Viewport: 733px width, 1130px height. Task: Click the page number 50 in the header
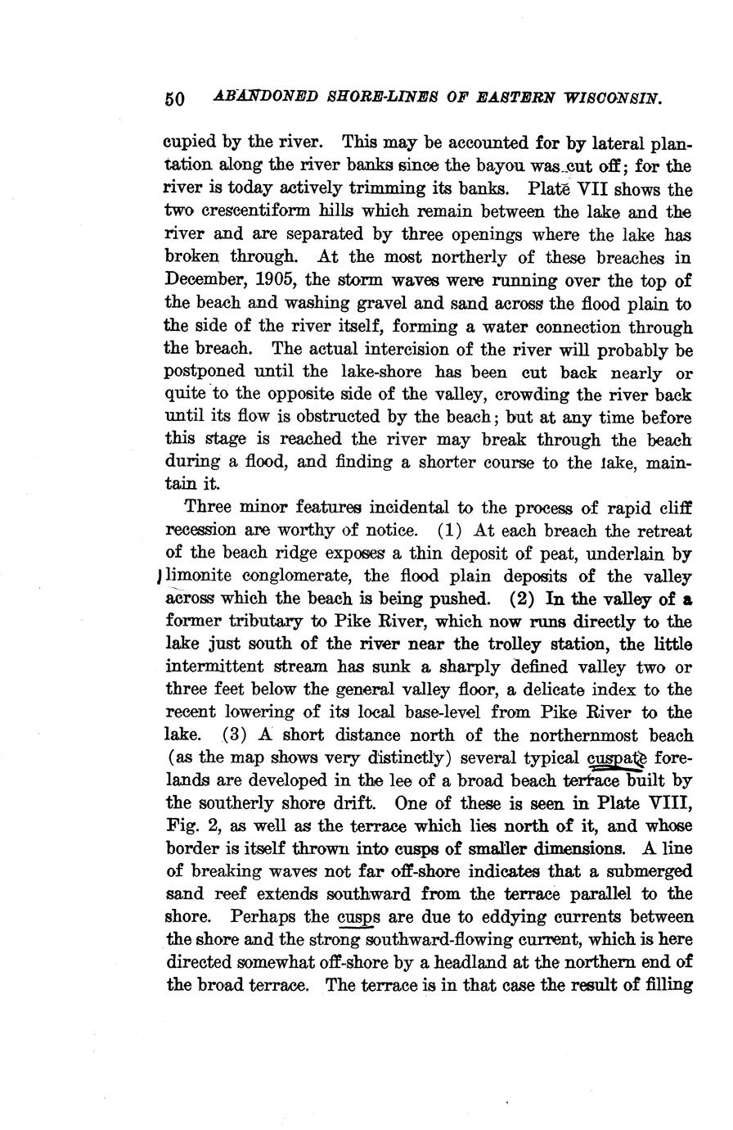click(x=175, y=99)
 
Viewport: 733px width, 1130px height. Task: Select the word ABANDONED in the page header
click(x=255, y=97)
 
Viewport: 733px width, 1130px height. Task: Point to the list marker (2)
click(x=522, y=599)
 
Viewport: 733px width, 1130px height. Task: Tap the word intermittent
click(x=220, y=667)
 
